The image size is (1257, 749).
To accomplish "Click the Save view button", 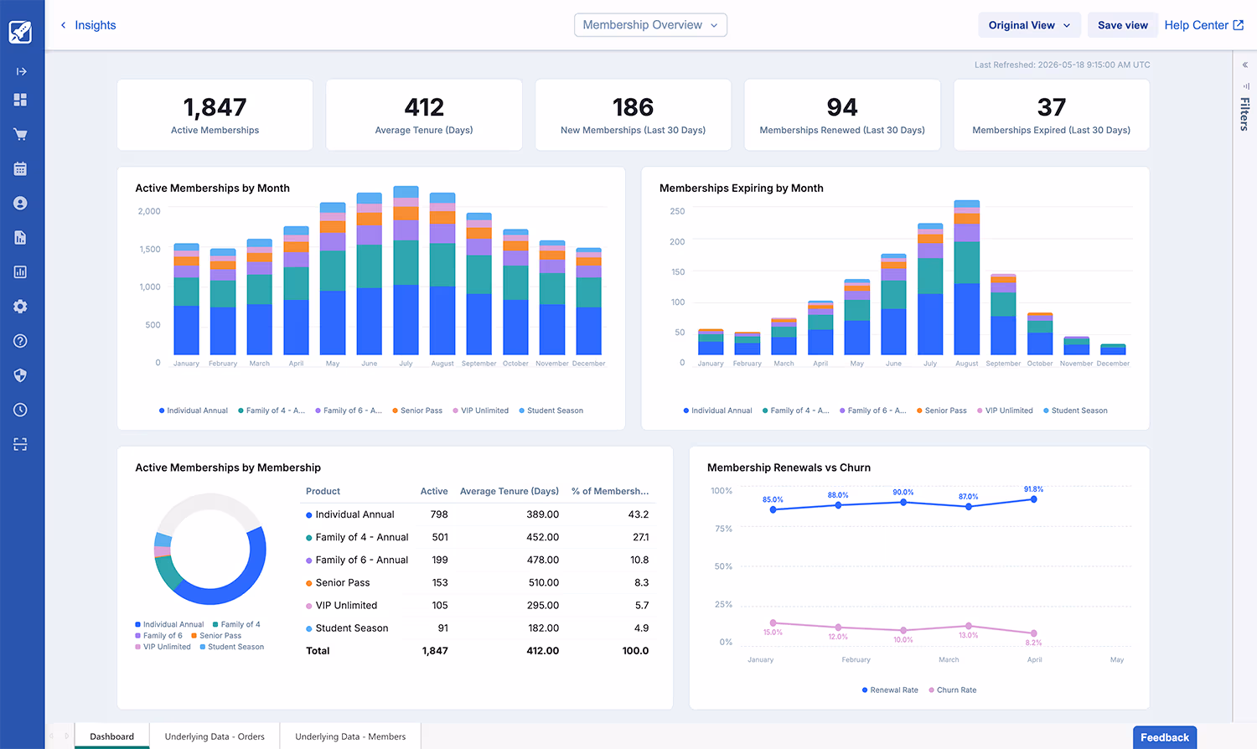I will tap(1122, 25).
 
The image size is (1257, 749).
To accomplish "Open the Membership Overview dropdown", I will tap(650, 25).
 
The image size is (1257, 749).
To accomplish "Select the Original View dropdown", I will tap(1029, 25).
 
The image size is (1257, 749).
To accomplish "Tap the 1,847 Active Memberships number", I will tap(215, 107).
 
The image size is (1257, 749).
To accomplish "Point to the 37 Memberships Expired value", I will tap(1051, 107).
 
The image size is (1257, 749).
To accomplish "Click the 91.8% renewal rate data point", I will tap(1034, 499).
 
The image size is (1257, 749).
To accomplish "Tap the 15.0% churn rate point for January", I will tap(773, 623).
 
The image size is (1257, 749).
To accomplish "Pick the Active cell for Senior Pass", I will tap(440, 582).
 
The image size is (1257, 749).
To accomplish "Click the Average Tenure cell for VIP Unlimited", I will tap(543, 605).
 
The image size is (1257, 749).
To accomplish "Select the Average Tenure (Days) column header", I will tap(509, 491).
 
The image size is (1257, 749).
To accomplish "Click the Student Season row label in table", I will tap(351, 628).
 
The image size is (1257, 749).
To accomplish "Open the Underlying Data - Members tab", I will tap(350, 736).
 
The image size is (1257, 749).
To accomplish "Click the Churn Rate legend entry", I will tap(955, 690).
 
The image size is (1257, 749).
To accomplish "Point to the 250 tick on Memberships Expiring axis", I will tap(677, 211).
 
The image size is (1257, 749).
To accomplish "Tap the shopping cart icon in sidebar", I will tap(21, 134).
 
